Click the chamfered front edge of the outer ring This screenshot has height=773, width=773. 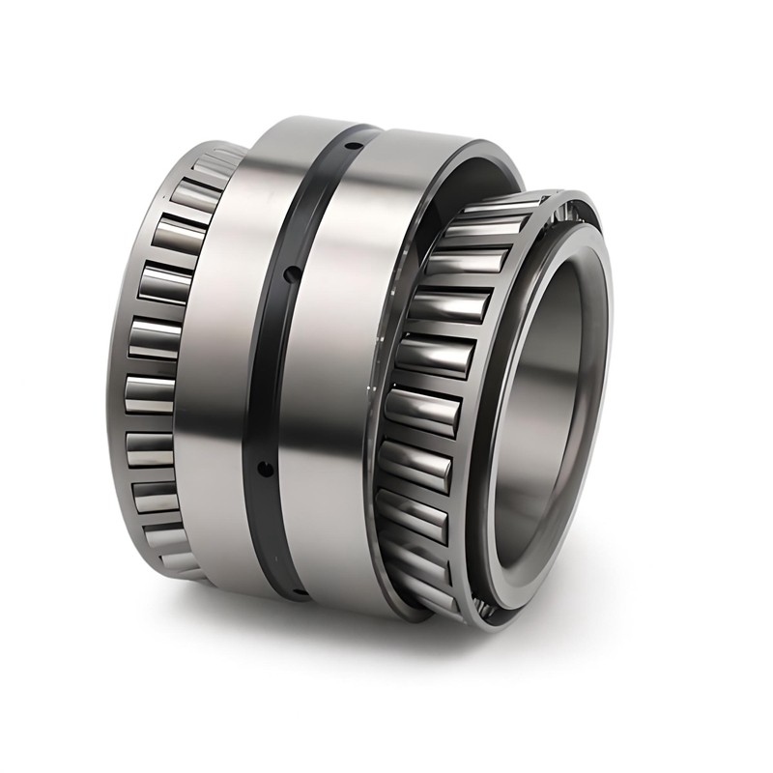coord(502,159)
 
